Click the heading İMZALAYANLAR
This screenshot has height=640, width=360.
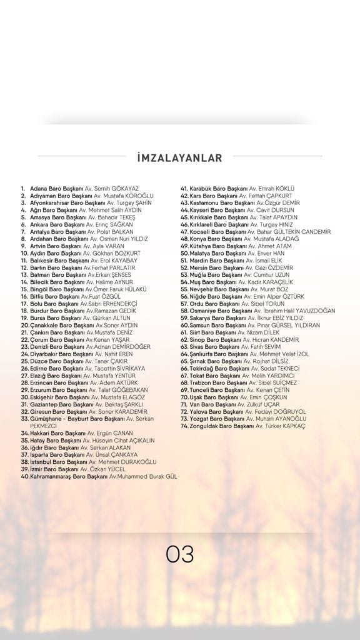pyautogui.click(x=179, y=158)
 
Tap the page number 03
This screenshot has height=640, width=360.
pyautogui.click(x=179, y=554)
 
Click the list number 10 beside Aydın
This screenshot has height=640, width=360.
pyautogui.click(x=24, y=253)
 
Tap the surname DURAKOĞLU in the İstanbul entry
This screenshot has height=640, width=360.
pyautogui.click(x=134, y=462)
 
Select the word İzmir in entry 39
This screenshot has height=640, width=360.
pyautogui.click(x=37, y=469)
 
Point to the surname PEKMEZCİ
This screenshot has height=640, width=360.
pyautogui.click(x=43, y=426)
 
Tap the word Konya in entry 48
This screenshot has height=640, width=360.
pyautogui.click(x=197, y=239)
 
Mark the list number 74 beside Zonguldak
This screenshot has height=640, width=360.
pyautogui.click(x=184, y=426)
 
